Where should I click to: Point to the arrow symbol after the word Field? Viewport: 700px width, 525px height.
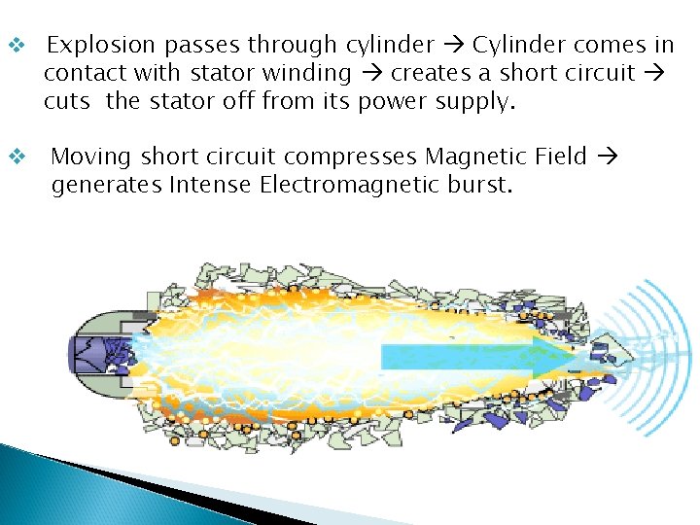click(606, 157)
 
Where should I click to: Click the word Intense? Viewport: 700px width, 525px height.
click(212, 185)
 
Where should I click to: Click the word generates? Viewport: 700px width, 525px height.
click(107, 185)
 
